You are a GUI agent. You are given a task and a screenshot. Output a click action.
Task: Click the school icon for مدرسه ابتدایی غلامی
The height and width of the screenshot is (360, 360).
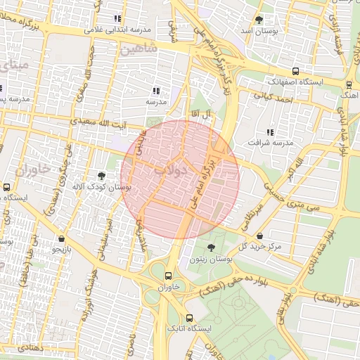[x=117, y=19]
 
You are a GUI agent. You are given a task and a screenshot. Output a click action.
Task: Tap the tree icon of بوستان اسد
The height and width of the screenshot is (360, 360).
[x=259, y=20]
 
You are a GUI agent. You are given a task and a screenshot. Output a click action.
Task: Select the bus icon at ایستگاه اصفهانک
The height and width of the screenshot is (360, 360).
[x=295, y=71]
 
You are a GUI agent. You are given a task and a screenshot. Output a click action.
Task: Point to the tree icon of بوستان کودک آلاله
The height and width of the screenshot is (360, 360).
[x=103, y=175]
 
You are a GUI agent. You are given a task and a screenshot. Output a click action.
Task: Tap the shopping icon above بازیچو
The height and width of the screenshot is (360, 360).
[x=63, y=238]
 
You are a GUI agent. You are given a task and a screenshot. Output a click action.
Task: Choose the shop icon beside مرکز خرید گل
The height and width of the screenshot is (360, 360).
[x=262, y=236]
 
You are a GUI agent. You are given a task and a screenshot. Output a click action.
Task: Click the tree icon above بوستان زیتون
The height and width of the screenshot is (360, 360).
[x=212, y=247]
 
